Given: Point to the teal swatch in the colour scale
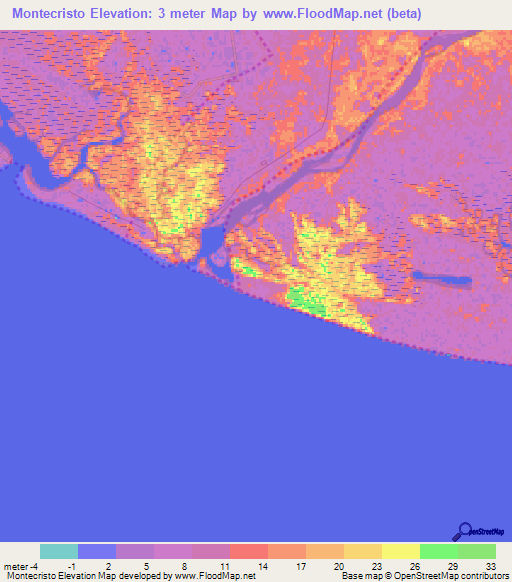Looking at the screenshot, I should point(59,551).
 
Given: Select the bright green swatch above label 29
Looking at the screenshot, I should point(438,551).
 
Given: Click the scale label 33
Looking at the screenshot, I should point(489,565).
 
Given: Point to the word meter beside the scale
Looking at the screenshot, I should point(16,565).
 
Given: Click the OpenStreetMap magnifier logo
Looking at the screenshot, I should point(464,531).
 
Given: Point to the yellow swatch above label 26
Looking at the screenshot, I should point(400,551).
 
